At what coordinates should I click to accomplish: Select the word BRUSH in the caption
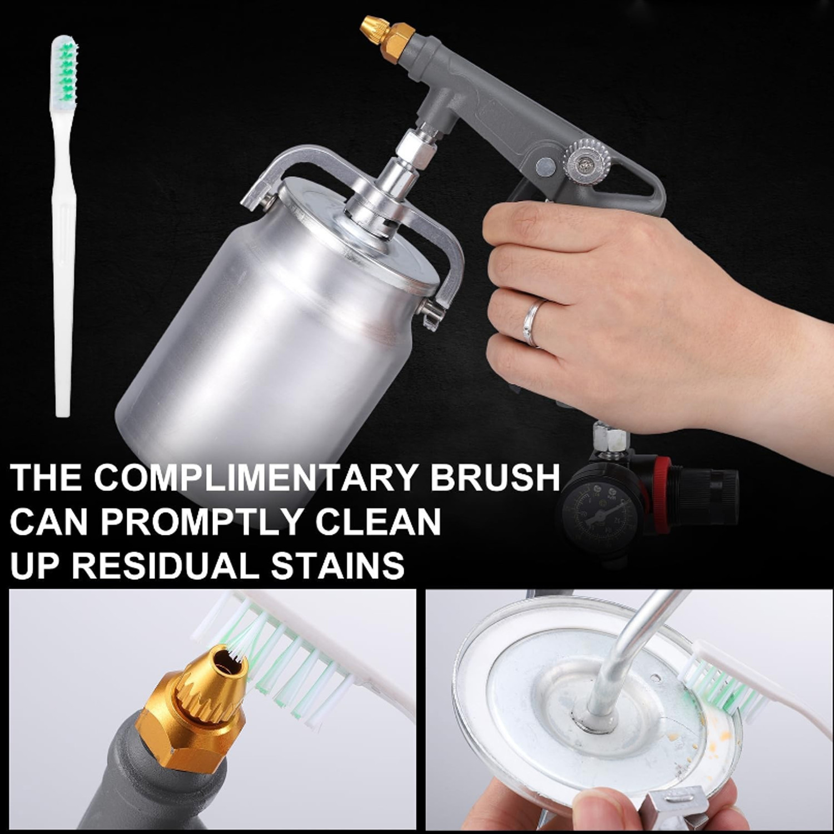[x=495, y=476]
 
